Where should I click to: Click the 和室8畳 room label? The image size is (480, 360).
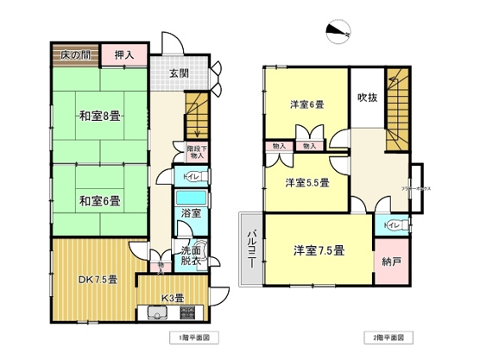[x=100, y=116]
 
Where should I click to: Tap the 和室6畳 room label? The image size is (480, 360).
[x=100, y=202]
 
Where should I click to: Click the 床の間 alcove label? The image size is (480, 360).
[x=74, y=55]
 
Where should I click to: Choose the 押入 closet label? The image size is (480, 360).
[x=125, y=55]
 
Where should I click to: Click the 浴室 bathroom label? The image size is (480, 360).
[x=191, y=212]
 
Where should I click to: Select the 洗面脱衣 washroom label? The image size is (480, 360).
[x=191, y=256]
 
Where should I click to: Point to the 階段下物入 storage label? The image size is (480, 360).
[x=196, y=152]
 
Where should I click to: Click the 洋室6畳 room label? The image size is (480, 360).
[x=306, y=104]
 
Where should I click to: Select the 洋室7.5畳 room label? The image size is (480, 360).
[x=318, y=250]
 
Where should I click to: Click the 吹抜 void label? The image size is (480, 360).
[x=366, y=98]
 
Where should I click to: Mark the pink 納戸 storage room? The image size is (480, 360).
[x=390, y=262]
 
